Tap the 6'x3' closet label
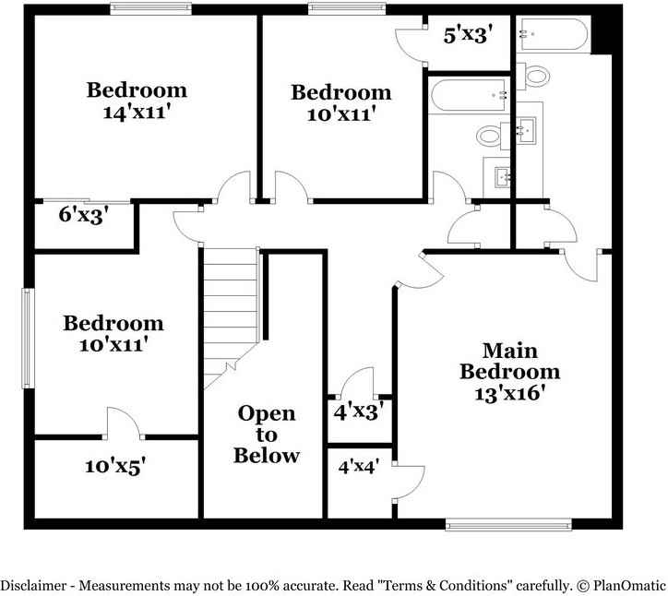(85, 217)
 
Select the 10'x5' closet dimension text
(115, 467)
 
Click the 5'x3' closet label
(467, 36)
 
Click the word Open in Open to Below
(267, 413)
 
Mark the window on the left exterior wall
(28, 339)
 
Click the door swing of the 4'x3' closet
(358, 382)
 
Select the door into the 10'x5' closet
(122, 423)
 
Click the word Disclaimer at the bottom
(32, 585)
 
